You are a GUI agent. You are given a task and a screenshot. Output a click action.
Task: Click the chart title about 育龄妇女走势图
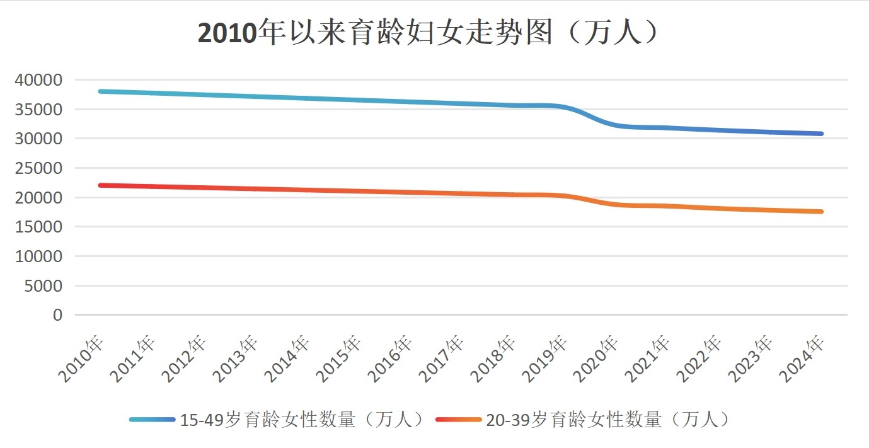(429, 33)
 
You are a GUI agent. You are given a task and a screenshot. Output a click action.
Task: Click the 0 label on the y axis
(58, 315)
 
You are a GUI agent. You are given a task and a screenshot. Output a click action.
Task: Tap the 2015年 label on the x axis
(341, 359)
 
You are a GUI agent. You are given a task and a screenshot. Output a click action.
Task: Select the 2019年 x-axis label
(547, 359)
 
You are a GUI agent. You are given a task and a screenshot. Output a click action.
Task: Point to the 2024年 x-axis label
(805, 359)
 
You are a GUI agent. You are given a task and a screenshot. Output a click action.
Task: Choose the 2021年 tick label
(650, 359)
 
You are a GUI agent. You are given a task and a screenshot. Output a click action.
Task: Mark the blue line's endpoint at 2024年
(821, 134)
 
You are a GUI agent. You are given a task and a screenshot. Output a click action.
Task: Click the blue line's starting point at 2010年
(100, 91)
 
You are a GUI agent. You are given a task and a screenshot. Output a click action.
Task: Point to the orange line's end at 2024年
(821, 212)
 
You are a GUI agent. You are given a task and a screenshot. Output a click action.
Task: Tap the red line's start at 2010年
(100, 185)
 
